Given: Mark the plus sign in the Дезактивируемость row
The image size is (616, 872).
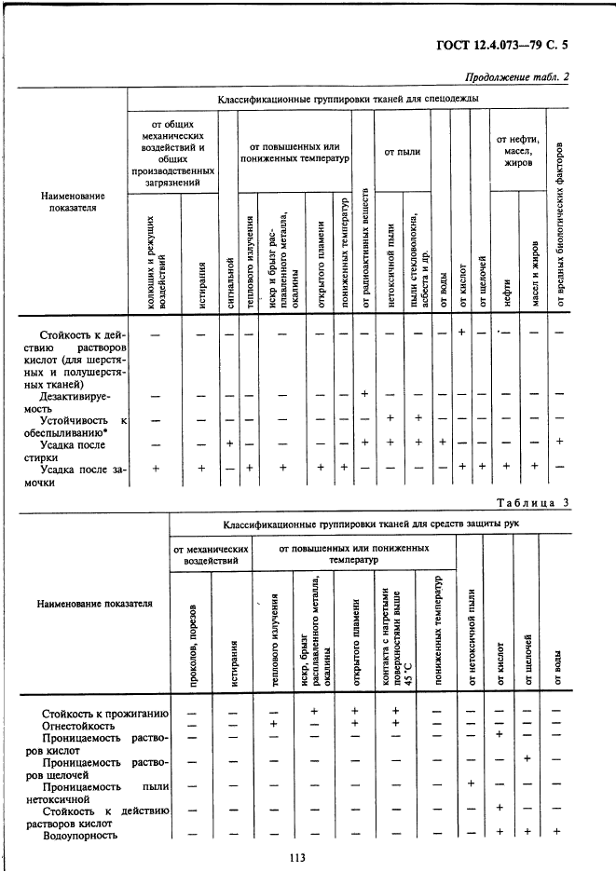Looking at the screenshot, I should coord(365,394).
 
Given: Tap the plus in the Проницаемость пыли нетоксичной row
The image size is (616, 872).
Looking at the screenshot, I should coord(471,783).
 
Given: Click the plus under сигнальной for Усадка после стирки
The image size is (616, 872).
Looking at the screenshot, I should coord(227,443).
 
